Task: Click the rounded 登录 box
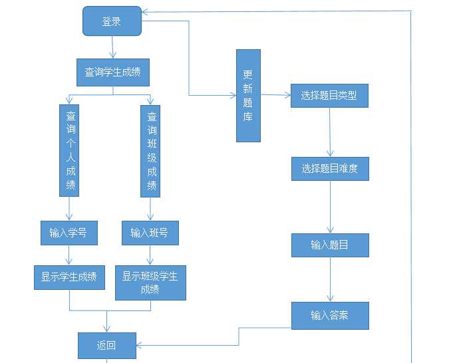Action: [x=112, y=21]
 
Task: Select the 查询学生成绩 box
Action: [x=112, y=72]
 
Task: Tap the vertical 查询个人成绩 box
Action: [x=69, y=150]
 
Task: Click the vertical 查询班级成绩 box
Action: [x=150, y=150]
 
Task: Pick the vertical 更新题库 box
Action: [x=248, y=95]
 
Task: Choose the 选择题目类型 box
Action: [x=329, y=95]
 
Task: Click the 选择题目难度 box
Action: [x=329, y=169]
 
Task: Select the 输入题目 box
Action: [x=329, y=245]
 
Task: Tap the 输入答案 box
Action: [x=329, y=315]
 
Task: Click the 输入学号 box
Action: [x=69, y=233]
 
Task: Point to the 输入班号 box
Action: [x=150, y=233]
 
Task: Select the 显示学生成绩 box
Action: [x=69, y=277]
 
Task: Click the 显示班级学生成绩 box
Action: [x=150, y=283]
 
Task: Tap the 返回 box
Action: [x=106, y=345]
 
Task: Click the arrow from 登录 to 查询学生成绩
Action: [x=112, y=47]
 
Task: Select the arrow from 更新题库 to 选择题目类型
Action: [x=275, y=95]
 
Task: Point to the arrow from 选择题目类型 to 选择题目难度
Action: [x=330, y=132]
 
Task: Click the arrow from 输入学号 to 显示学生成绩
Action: [x=69, y=255]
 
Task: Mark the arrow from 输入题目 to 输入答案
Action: [x=331, y=279]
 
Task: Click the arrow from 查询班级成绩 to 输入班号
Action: [x=150, y=209]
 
